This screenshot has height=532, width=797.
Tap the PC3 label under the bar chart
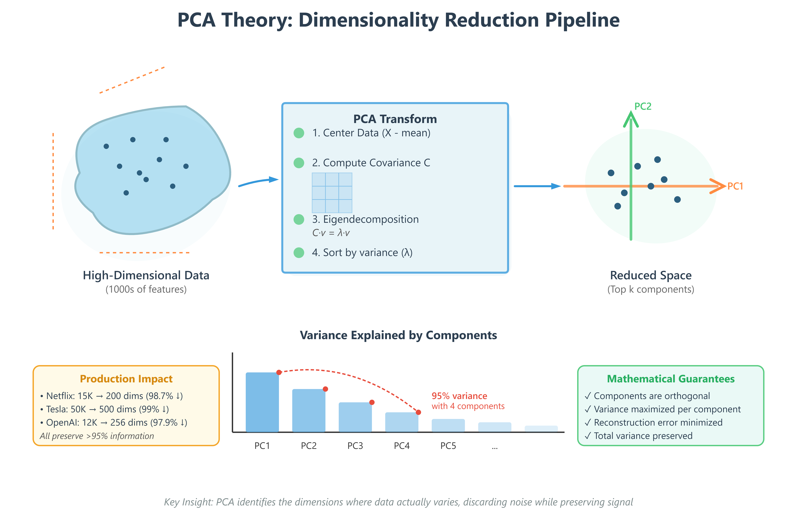click(x=355, y=446)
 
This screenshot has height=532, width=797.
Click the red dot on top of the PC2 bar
click(x=325, y=389)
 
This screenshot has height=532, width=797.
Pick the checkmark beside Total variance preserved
click(x=588, y=436)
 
